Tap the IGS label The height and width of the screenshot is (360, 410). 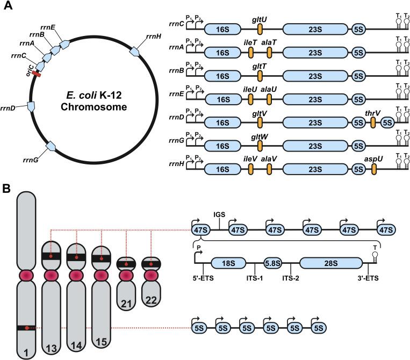(x=219, y=214)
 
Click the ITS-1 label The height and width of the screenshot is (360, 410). (x=254, y=279)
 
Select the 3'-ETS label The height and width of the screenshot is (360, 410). (x=368, y=279)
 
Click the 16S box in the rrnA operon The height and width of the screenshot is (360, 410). (x=222, y=53)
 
